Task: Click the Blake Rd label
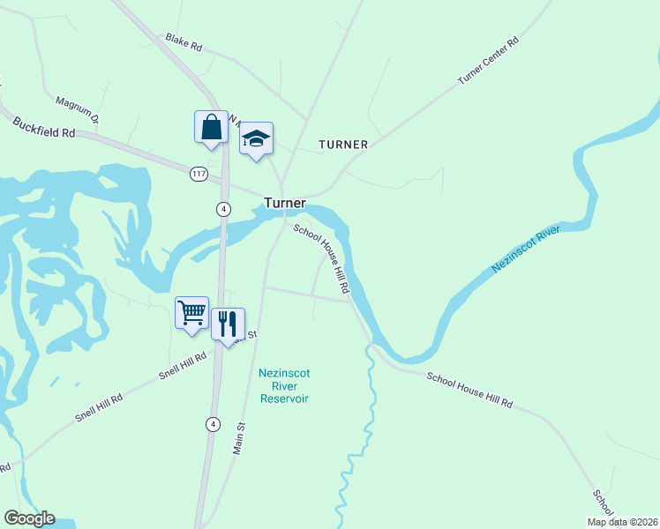tap(184, 41)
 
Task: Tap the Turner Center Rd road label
tap(488, 61)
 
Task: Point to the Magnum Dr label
tap(79, 108)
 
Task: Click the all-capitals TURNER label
tap(343, 144)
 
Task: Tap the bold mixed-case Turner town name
tap(284, 203)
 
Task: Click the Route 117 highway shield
tap(199, 174)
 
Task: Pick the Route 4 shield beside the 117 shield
tap(223, 208)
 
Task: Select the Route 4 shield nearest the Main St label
tap(212, 423)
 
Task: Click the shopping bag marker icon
tap(212, 126)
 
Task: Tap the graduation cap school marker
tap(256, 138)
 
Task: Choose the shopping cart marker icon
tap(191, 312)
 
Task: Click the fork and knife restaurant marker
tap(228, 324)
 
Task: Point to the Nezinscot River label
tap(526, 249)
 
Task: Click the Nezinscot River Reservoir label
tap(284, 385)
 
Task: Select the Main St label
tap(238, 438)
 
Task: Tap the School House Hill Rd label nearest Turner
tap(323, 258)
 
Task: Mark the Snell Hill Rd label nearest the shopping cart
tap(183, 364)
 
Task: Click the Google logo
tap(29, 518)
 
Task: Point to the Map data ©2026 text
tap(621, 521)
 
